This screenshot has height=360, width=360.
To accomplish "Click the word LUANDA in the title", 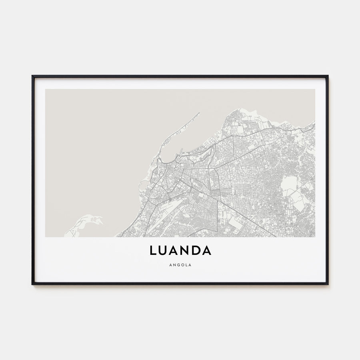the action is click(180, 250).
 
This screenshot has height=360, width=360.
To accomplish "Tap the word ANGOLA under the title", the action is click(180, 264).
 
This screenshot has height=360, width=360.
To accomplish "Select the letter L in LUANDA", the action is click(153, 250).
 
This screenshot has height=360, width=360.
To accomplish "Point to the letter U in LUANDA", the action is click(163, 250).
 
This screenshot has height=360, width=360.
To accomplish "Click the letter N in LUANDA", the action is click(186, 250).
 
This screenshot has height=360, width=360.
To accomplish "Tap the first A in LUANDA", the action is click(174, 250).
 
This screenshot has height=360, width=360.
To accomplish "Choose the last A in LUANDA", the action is click(206, 250).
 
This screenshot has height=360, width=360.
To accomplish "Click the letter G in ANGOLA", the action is click(178, 264).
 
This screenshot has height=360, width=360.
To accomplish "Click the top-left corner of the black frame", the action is click(32, 76).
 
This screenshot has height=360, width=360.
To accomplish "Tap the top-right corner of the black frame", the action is click(328, 76).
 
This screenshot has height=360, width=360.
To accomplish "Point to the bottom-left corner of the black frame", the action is click(32, 284).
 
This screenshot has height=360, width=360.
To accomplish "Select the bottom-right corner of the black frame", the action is click(328, 284).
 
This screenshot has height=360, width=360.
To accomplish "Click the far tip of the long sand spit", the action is click(199, 113).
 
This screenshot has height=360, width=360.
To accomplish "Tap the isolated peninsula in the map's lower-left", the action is click(86, 221).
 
